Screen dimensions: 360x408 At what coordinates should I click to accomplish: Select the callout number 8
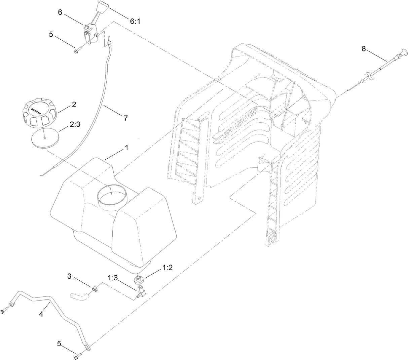pyautogui.click(x=364, y=48)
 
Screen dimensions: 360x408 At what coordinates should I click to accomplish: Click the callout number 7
pyautogui.click(x=125, y=118)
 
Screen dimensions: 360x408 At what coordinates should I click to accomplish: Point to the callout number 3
pyautogui.click(x=70, y=276)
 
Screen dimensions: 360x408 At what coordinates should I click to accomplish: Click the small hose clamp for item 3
pyautogui.click(x=95, y=288)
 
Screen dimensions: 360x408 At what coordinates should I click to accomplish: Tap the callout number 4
pyautogui.click(x=41, y=314)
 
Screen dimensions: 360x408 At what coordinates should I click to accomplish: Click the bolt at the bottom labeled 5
pyautogui.click(x=78, y=353)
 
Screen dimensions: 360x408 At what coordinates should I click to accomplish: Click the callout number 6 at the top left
pyautogui.click(x=60, y=12)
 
